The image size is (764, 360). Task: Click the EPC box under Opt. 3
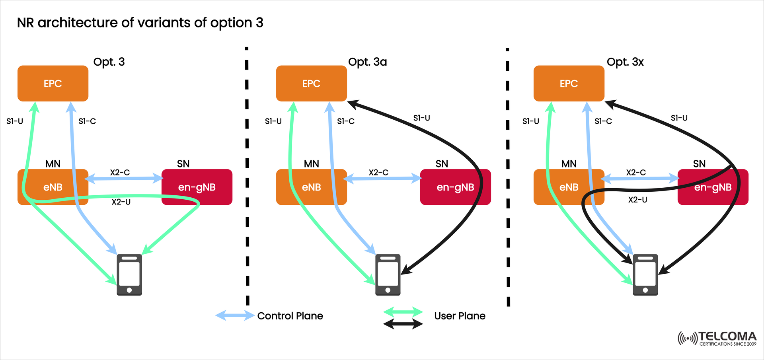click(53, 84)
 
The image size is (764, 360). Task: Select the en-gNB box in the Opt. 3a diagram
click(455, 187)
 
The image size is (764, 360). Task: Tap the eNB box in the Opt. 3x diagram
click(569, 187)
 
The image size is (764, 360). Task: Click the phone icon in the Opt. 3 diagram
click(129, 275)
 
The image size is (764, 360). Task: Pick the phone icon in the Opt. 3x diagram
click(645, 275)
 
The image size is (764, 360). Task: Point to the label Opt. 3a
click(367, 62)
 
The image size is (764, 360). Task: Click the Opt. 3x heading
click(625, 62)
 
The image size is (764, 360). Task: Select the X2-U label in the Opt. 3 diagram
click(121, 202)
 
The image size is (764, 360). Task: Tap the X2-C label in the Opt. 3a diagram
click(378, 172)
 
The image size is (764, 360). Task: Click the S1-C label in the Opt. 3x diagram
click(603, 121)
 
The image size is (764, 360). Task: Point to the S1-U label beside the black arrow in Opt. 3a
click(421, 118)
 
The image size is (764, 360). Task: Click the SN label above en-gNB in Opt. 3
click(183, 164)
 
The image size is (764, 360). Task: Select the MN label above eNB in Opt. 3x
click(569, 164)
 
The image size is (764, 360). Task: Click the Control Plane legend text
click(290, 316)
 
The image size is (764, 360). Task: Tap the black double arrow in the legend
click(403, 324)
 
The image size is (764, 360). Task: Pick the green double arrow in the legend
click(403, 312)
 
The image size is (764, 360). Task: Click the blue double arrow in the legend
click(235, 316)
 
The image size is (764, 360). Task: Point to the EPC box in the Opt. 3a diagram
click(311, 84)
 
